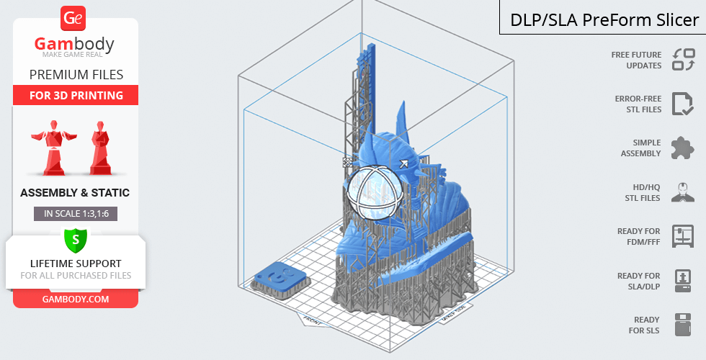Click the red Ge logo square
[73, 19]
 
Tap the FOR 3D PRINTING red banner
[76, 95]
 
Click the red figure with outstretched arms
[54, 148]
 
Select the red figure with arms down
[100, 148]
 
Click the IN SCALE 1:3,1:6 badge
[76, 214]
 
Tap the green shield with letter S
[76, 240]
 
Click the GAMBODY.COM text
[76, 300]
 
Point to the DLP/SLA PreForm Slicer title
[604, 20]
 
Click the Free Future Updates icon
[684, 60]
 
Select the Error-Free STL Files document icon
[683, 104]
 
